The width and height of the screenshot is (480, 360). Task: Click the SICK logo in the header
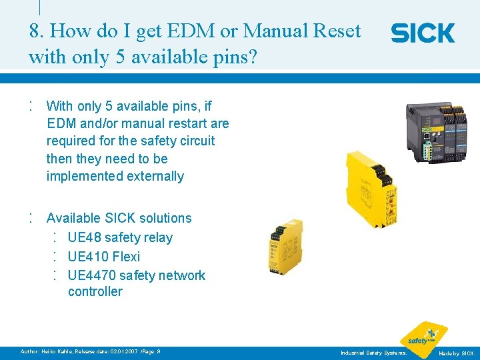tap(423, 33)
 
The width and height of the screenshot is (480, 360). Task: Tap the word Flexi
tap(127, 256)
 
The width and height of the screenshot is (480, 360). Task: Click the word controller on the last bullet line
tap(95, 291)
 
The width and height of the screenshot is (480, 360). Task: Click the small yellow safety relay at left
tap(286, 249)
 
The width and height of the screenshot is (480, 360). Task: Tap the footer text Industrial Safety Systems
tap(373, 352)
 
